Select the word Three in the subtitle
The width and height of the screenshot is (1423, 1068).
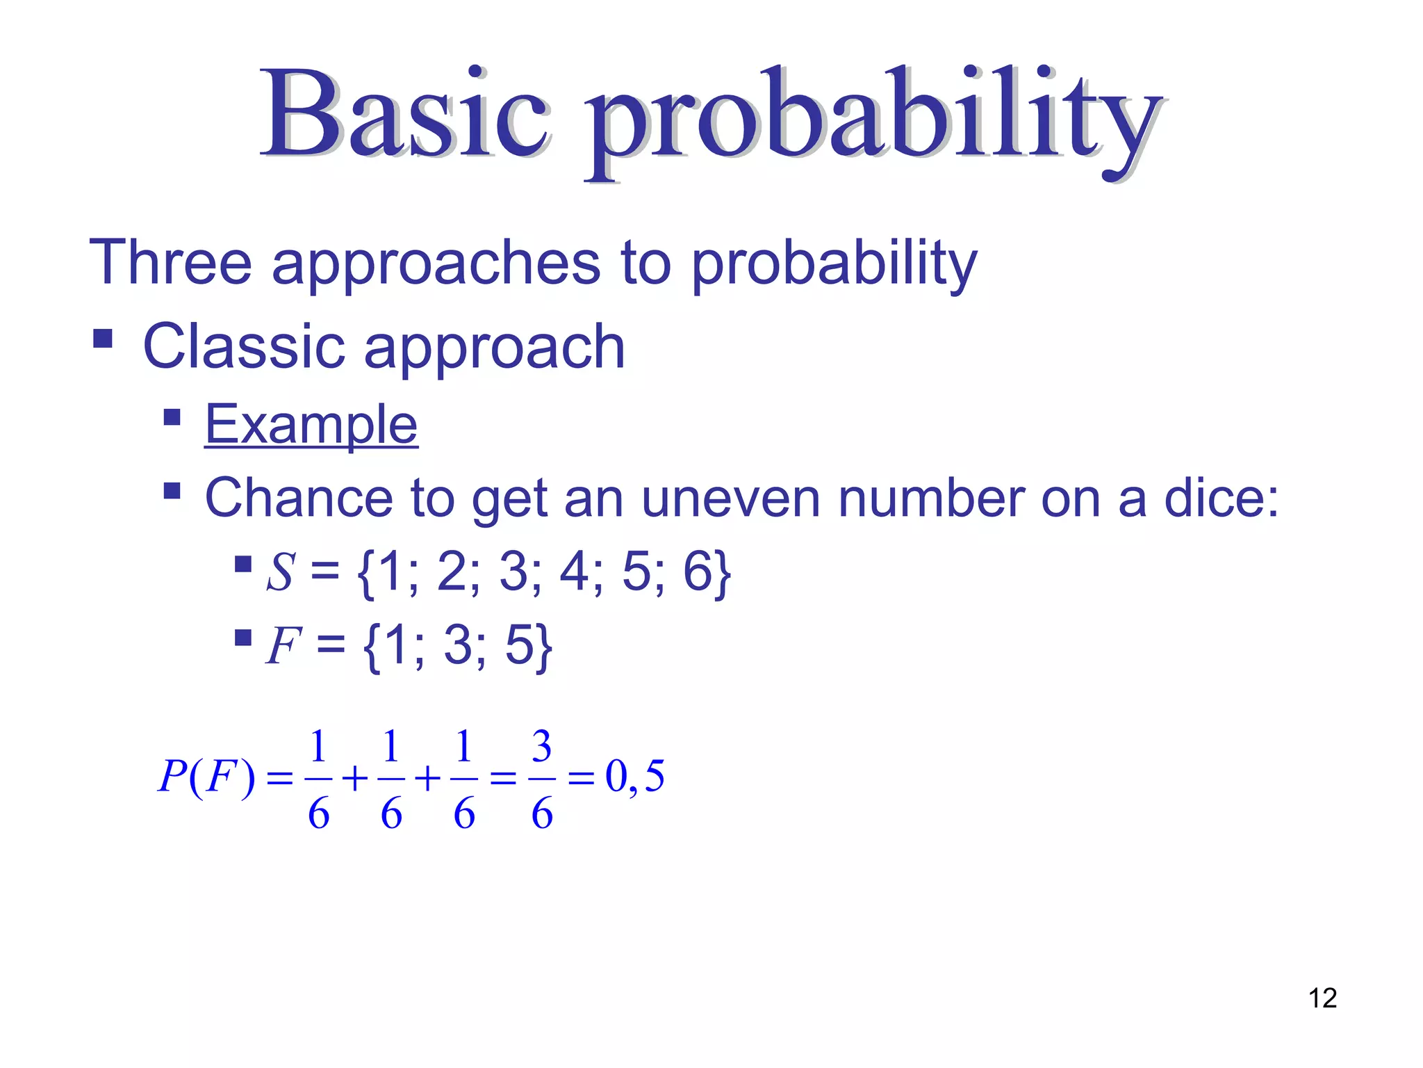170,263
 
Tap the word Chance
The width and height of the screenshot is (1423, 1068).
299,498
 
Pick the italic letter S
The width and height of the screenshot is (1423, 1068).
281,572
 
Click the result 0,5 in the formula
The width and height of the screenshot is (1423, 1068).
634,776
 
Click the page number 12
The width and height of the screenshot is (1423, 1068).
1322,998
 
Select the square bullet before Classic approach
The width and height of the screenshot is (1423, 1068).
103,339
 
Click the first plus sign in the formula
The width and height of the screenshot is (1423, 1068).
354,778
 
